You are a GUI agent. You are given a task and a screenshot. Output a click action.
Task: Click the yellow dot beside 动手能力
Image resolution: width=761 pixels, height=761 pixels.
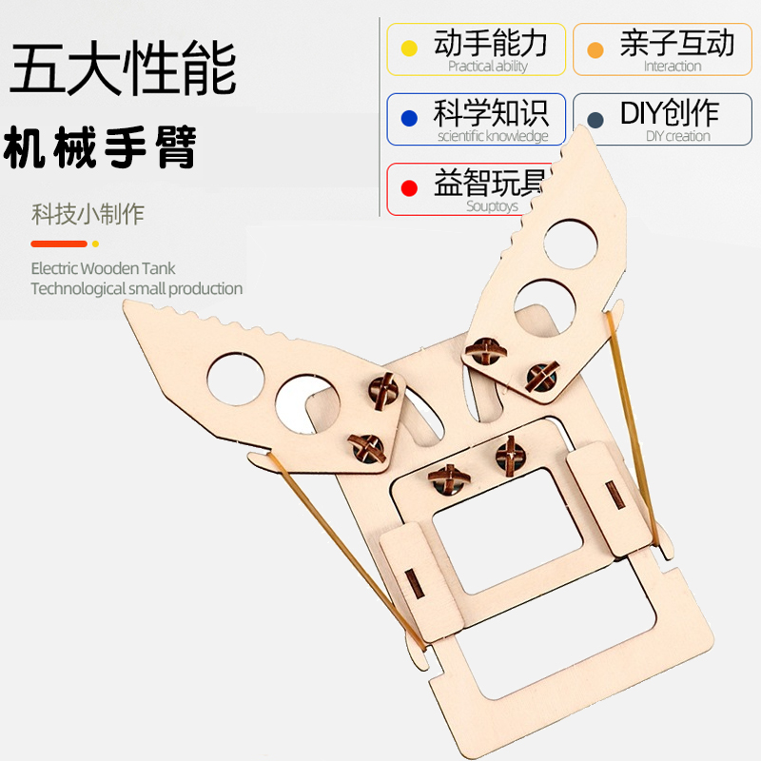coord(410,49)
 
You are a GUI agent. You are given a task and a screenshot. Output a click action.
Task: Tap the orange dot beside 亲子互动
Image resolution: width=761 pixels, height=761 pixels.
coord(596,49)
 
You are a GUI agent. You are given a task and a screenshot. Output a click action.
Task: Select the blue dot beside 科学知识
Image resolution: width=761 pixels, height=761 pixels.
coord(410,119)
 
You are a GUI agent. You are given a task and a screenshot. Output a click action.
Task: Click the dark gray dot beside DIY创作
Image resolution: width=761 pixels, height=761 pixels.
coord(596,119)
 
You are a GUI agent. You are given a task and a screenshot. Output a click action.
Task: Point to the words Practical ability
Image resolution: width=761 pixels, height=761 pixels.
coord(487,67)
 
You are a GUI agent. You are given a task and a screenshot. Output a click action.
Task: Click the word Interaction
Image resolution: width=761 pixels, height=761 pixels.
coord(673,67)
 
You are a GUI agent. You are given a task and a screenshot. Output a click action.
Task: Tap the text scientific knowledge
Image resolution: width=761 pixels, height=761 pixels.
coord(493,136)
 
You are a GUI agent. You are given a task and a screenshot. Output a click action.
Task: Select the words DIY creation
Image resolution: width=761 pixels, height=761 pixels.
coord(678,136)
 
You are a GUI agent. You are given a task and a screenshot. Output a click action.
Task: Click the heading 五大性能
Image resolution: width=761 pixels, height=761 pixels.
coord(124,72)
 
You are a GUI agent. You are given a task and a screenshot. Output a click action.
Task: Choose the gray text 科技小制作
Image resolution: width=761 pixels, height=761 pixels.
coord(88,214)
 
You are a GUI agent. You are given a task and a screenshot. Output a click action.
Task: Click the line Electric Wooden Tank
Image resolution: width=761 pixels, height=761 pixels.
coord(103,269)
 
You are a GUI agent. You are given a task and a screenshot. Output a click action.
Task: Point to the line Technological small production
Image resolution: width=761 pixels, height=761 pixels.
coord(136,288)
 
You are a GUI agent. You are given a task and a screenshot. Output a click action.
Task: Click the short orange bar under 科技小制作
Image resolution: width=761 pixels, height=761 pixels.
coord(59,244)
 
